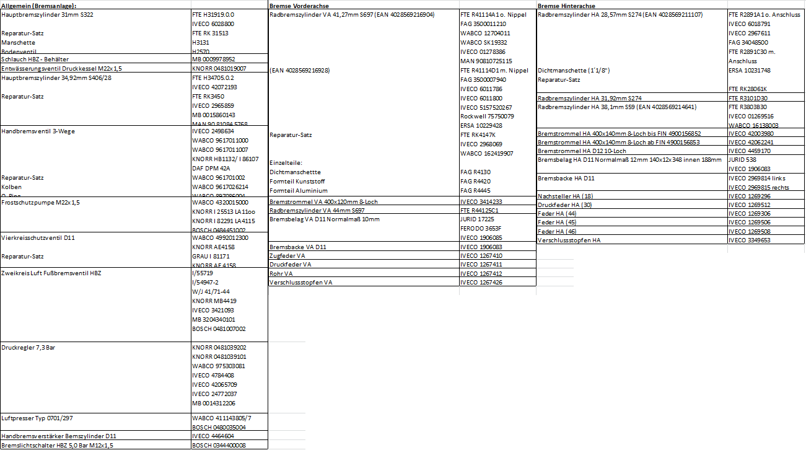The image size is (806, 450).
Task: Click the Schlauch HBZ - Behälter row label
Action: click(x=35, y=59)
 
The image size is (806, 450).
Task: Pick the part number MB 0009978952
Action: click(x=214, y=59)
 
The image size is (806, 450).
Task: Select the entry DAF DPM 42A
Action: click(x=211, y=169)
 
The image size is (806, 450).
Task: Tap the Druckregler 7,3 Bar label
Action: click(x=29, y=348)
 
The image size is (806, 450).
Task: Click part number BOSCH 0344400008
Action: click(x=219, y=445)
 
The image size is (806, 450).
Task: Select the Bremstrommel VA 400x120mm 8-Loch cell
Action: click(x=323, y=202)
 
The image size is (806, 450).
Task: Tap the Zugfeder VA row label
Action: click(x=287, y=255)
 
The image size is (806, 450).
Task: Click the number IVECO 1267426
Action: click(x=481, y=283)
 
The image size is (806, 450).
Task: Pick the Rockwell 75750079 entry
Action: click(x=486, y=117)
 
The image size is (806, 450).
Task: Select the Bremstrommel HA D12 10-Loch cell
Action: click(x=582, y=151)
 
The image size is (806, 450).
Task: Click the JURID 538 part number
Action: click(x=742, y=159)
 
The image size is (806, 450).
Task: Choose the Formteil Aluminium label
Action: click(x=299, y=191)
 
